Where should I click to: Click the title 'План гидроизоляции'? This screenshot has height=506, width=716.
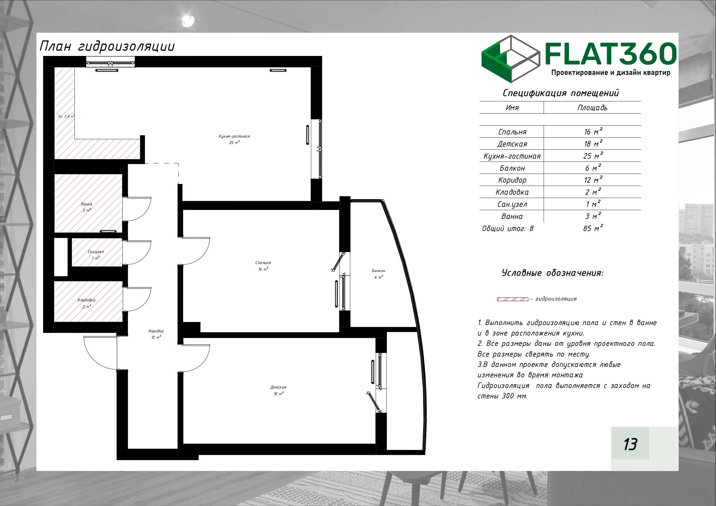pyautogui.click(x=107, y=46)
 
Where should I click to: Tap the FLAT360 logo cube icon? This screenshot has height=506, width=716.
pyautogui.click(x=511, y=59)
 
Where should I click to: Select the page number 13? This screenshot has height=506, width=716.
pyautogui.click(x=630, y=444)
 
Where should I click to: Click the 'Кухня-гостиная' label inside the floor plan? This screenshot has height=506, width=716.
pyautogui.click(x=234, y=136)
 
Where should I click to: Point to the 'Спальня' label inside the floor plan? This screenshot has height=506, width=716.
pyautogui.click(x=263, y=263)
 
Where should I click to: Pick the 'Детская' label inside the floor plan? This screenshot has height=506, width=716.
pyautogui.click(x=278, y=387)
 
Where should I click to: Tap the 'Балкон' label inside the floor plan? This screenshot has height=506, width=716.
pyautogui.click(x=379, y=271)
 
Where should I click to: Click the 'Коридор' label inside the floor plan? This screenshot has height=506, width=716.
pyautogui.click(x=156, y=331)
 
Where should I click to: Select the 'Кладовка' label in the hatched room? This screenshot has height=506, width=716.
pyautogui.click(x=86, y=300)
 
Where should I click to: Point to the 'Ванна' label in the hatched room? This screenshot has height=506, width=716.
pyautogui.click(x=87, y=204)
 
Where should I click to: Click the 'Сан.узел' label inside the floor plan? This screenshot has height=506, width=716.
pyautogui.click(x=96, y=252)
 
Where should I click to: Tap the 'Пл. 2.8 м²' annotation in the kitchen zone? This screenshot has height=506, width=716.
pyautogui.click(x=66, y=116)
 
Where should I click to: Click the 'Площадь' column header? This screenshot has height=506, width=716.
pyautogui.click(x=592, y=108)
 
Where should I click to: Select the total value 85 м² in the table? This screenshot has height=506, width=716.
pyautogui.click(x=593, y=228)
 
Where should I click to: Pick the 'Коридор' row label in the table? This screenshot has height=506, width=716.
pyautogui.click(x=512, y=180)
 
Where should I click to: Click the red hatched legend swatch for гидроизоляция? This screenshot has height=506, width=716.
pyautogui.click(x=513, y=299)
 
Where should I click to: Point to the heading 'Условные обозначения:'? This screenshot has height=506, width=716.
pyautogui.click(x=553, y=273)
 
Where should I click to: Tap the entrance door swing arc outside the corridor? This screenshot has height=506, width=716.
pyautogui.click(x=92, y=359)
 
